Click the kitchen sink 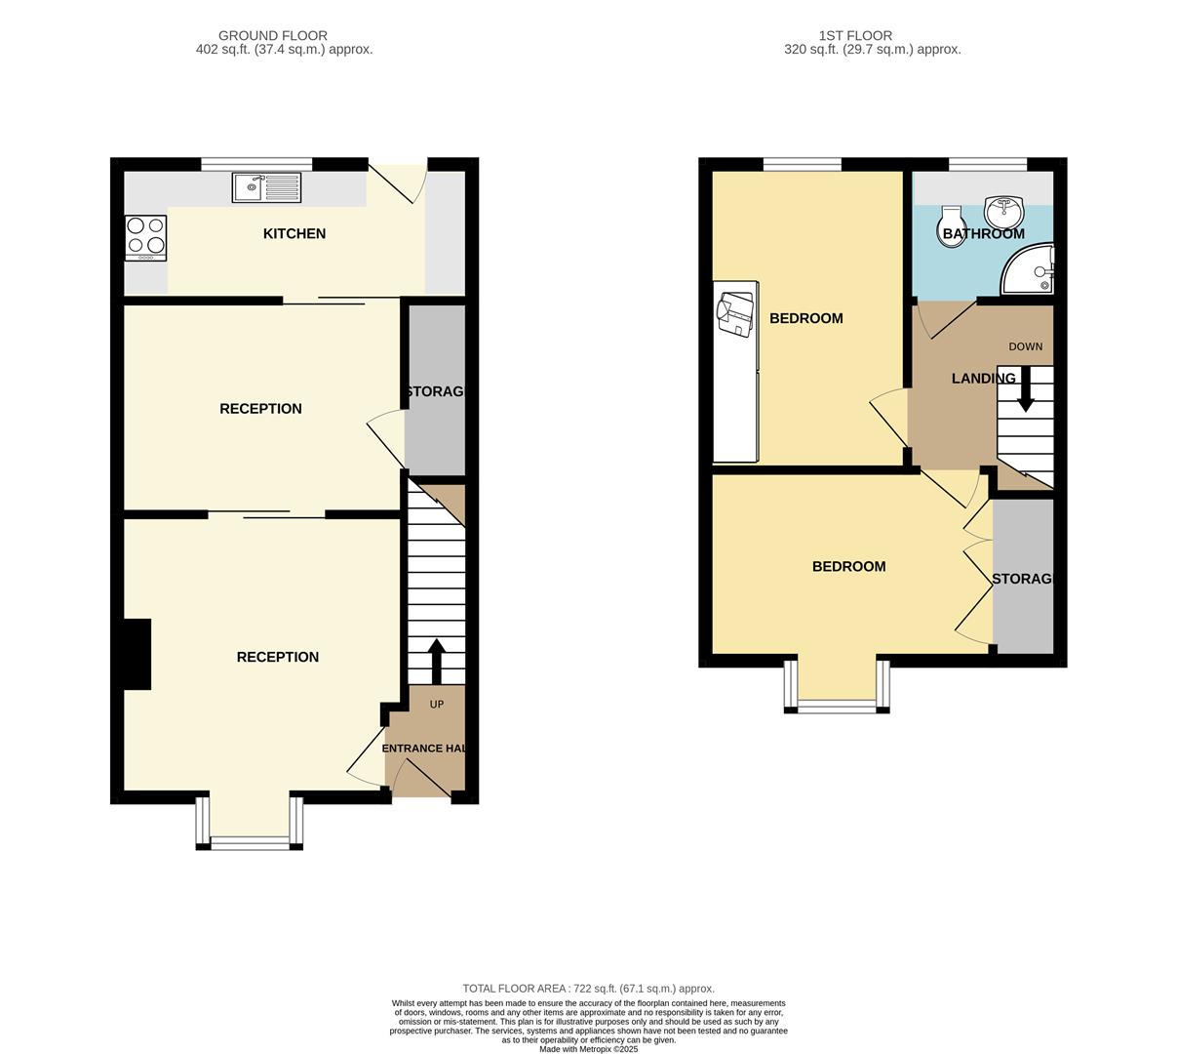click(266, 186)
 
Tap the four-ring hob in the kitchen click(145, 236)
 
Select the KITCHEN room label click(294, 233)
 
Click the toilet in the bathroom click(951, 225)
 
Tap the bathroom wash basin click(1004, 210)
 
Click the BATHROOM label click(983, 234)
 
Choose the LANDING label click(983, 379)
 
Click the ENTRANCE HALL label click(424, 749)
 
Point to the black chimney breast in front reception click(137, 654)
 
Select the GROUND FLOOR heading click(273, 36)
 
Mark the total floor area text click(588, 989)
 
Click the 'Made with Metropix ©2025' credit click(588, 1049)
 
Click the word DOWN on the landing click(1025, 346)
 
